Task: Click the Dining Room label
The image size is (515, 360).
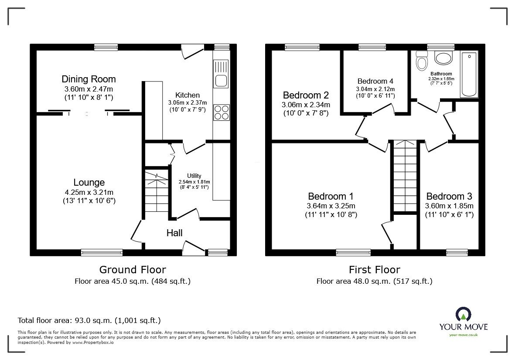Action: point(89,79)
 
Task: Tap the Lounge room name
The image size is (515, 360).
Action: point(89,183)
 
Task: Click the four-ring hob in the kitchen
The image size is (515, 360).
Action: point(221,112)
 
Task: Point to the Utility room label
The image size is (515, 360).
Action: point(194,176)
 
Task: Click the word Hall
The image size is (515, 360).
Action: point(174,233)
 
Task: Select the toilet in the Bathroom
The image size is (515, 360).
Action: point(422,61)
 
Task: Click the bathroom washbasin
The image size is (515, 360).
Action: point(444,59)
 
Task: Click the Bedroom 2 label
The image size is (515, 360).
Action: point(306,95)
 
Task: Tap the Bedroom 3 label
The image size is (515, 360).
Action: point(449,196)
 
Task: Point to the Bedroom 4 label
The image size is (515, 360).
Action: point(375,81)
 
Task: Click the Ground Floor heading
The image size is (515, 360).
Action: point(133,270)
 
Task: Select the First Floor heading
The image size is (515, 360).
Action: point(374,270)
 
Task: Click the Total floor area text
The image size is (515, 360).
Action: point(89,320)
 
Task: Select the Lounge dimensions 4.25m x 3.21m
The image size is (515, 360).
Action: point(89,192)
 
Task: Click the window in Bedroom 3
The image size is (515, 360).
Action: point(457,251)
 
